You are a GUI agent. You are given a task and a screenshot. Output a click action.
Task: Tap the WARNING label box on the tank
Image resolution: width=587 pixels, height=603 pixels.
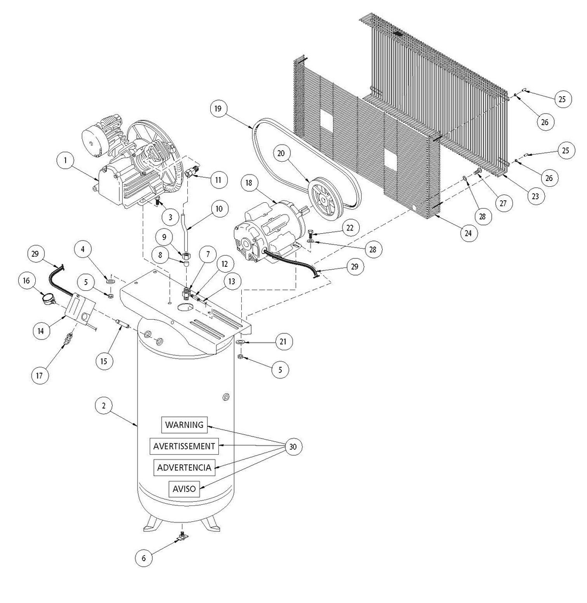click(184, 424)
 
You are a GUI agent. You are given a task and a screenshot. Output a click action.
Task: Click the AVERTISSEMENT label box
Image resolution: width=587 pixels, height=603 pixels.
click(184, 446)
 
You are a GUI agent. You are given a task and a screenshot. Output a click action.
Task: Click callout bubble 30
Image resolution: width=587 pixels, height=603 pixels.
click(293, 447)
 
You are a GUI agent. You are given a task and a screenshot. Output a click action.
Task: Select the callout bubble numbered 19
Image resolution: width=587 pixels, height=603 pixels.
click(218, 109)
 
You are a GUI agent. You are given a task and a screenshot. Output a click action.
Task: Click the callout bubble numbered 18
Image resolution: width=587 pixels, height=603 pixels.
click(248, 183)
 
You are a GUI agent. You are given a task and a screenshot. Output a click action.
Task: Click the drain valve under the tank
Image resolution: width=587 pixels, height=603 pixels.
click(184, 536)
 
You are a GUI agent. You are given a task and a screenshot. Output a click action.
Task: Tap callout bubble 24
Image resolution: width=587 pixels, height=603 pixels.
click(468, 233)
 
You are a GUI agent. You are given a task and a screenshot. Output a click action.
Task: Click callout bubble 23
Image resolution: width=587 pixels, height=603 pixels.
click(534, 197)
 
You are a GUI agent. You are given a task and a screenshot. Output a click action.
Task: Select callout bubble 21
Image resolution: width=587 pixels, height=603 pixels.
click(283, 341)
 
